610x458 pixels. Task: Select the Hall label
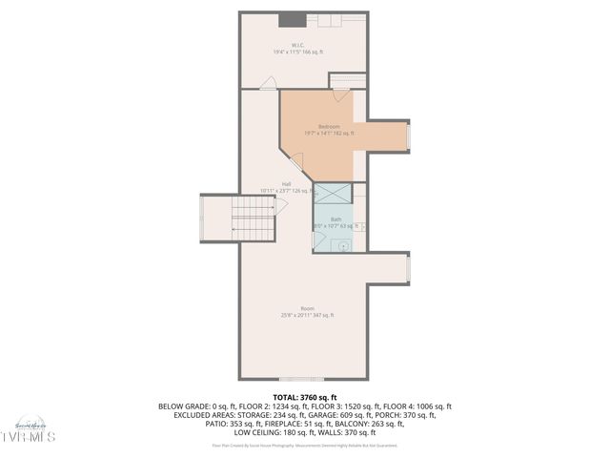click(x=286, y=184)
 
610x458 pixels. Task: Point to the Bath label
click(x=335, y=219)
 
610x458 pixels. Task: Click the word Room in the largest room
click(x=307, y=308)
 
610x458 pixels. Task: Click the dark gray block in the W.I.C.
click(x=290, y=21)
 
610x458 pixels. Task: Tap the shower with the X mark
click(x=333, y=193)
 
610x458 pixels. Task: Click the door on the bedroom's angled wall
click(x=296, y=162)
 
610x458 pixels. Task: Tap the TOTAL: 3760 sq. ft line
click(x=305, y=397)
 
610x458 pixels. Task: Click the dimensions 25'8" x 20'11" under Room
click(x=307, y=315)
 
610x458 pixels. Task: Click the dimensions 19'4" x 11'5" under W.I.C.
click(x=298, y=52)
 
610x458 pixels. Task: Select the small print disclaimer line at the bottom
click(x=305, y=445)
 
